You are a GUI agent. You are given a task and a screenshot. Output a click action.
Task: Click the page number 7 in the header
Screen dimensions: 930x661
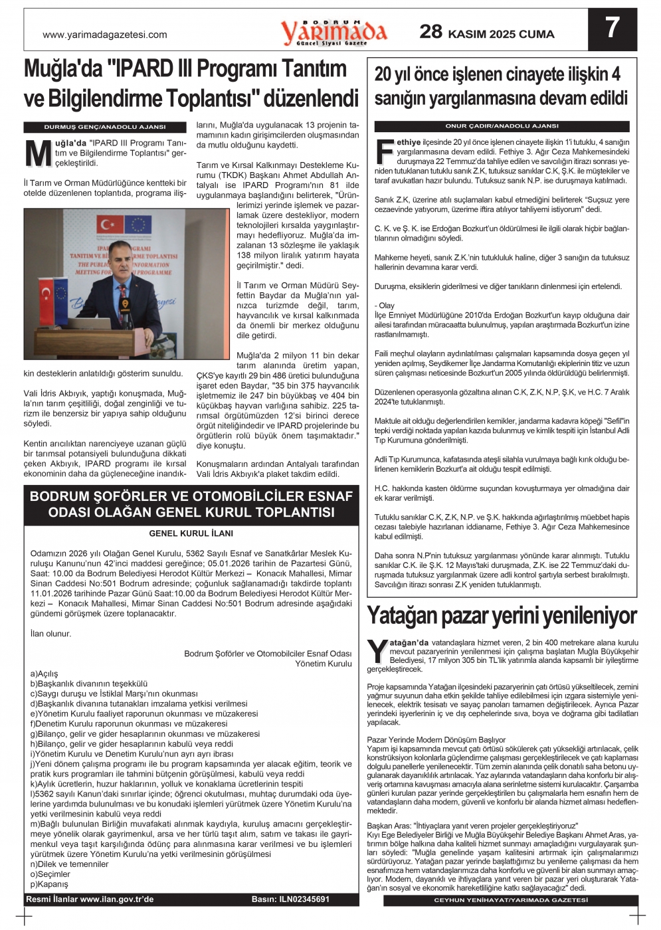tap(612, 28)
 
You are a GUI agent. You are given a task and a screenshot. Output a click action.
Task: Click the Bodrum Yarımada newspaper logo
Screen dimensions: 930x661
tap(333, 32)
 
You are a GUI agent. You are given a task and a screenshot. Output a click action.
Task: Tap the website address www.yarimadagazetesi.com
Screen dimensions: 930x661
tap(105, 35)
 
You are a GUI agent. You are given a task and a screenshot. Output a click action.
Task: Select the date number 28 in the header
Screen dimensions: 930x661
tap(430, 31)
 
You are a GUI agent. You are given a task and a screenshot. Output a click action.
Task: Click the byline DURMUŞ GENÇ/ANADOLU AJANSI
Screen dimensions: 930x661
tap(105, 126)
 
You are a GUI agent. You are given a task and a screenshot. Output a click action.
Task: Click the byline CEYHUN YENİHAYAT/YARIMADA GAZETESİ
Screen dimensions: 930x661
tap(511, 900)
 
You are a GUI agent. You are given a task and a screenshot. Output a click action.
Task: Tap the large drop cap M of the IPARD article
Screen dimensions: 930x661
tap(38, 153)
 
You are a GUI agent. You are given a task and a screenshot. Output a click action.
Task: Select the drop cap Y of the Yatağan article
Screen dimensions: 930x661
tap(377, 651)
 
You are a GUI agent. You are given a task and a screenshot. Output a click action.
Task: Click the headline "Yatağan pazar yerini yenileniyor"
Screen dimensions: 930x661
tap(502, 616)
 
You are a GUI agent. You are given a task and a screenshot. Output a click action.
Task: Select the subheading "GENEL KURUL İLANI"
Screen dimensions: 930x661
tap(191, 533)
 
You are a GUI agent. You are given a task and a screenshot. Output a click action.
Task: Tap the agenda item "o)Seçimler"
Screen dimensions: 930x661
tap(50, 874)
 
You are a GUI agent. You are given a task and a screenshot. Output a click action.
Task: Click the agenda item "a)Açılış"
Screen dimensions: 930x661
tap(45, 674)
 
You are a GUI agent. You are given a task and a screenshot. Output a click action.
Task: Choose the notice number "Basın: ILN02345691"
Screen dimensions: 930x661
tap(290, 899)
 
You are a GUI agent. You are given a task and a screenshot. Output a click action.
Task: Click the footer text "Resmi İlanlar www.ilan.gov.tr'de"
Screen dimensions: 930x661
tap(90, 899)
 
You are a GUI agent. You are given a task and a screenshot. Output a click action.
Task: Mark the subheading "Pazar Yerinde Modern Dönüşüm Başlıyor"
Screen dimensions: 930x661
tap(436, 739)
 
